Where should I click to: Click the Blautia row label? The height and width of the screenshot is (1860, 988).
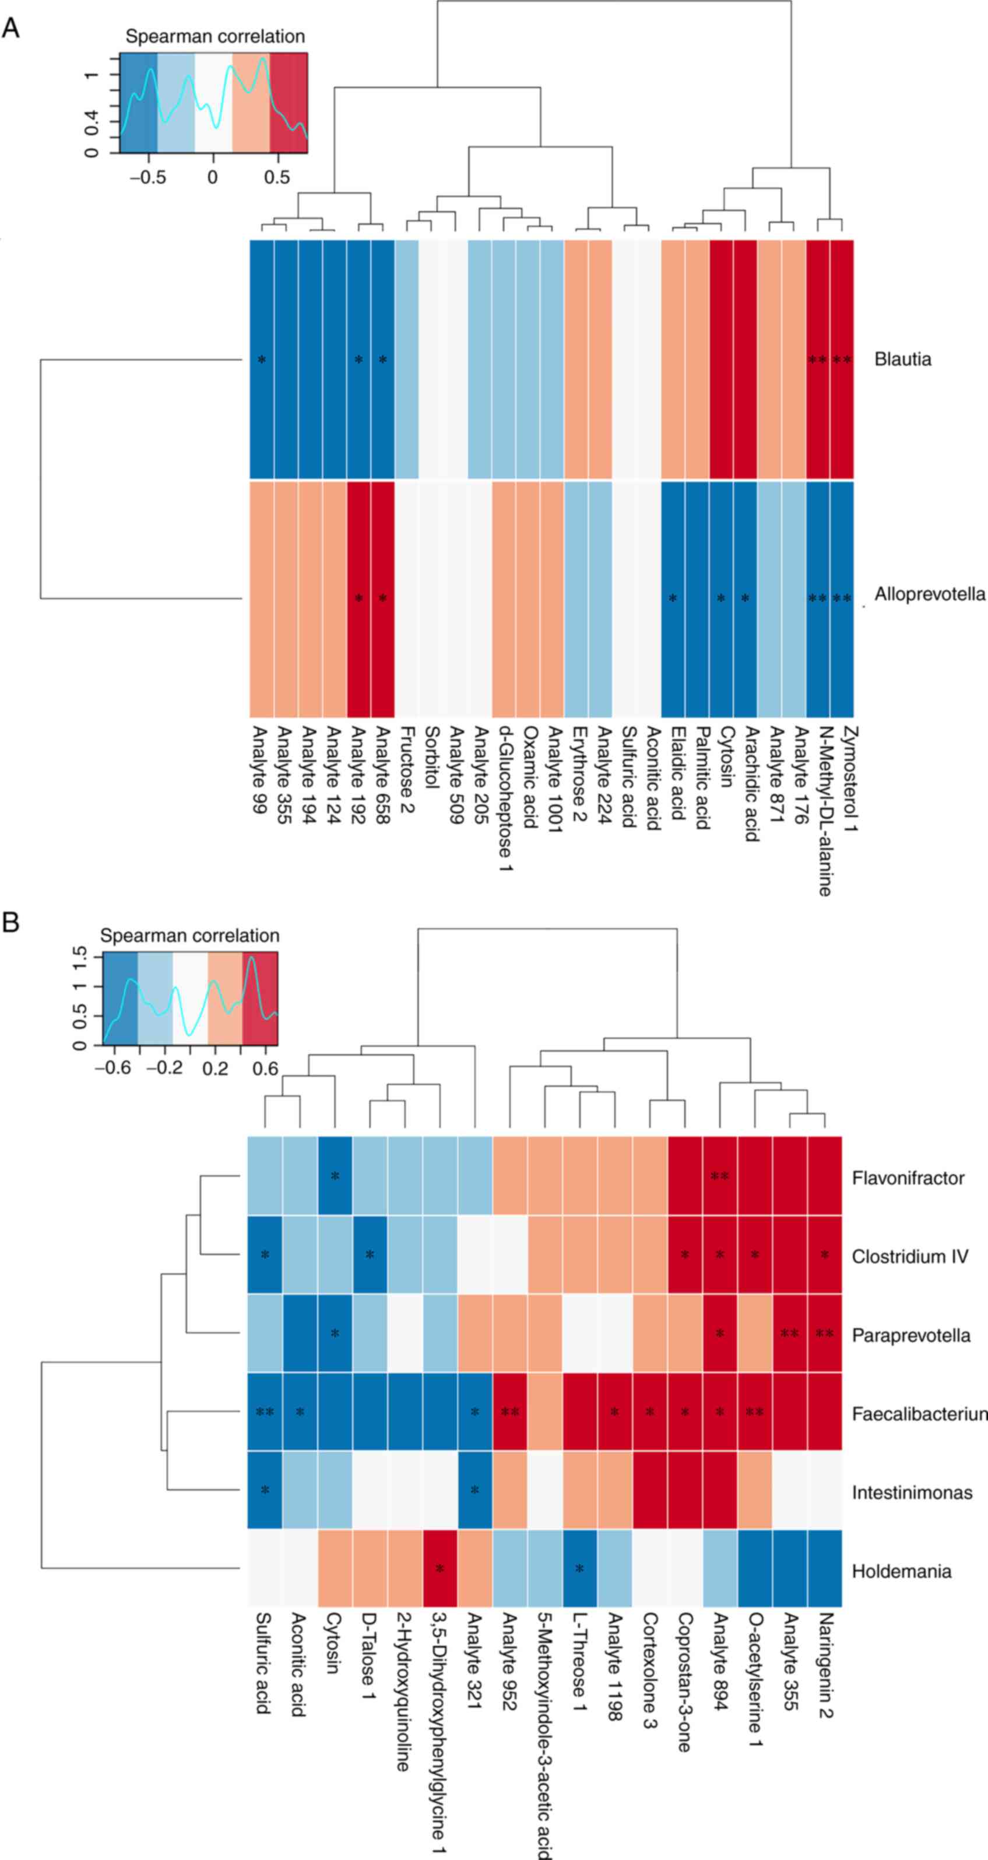(902, 359)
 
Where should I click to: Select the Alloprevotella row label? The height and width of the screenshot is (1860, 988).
(929, 594)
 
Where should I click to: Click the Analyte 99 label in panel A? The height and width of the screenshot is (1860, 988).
(260, 769)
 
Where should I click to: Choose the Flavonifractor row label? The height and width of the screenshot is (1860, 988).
(907, 1178)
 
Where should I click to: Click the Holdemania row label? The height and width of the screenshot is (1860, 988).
(901, 1571)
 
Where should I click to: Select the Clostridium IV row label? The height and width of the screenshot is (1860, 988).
(909, 1256)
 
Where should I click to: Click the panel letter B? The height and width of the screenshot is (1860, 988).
(11, 922)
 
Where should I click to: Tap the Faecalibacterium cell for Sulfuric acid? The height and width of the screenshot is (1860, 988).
(265, 1411)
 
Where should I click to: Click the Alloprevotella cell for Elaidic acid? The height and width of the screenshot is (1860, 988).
(673, 598)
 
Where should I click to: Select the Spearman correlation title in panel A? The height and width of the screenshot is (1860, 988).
(215, 36)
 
